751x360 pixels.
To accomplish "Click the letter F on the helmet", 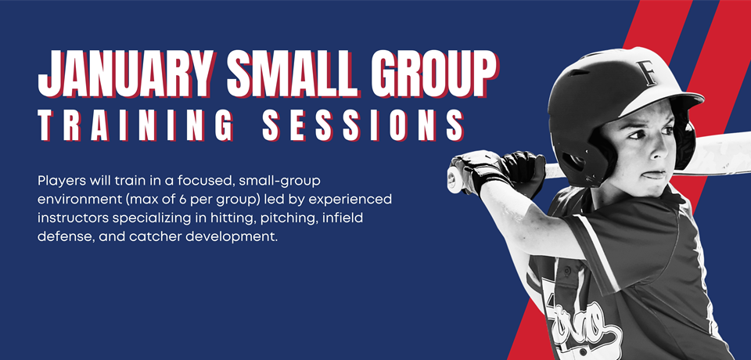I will coord(647,73).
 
